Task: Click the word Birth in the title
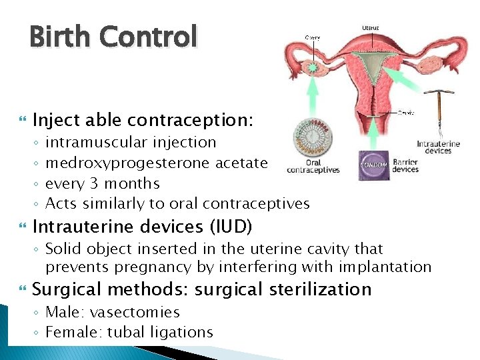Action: pyautogui.click(x=59, y=37)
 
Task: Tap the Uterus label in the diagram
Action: pyautogui.click(x=371, y=28)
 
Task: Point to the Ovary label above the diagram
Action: pyautogui.click(x=312, y=37)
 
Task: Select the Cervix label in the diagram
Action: pyautogui.click(x=405, y=113)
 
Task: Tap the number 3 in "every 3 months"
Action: pyautogui.click(x=105, y=183)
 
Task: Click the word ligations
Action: pyautogui.click(x=180, y=332)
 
